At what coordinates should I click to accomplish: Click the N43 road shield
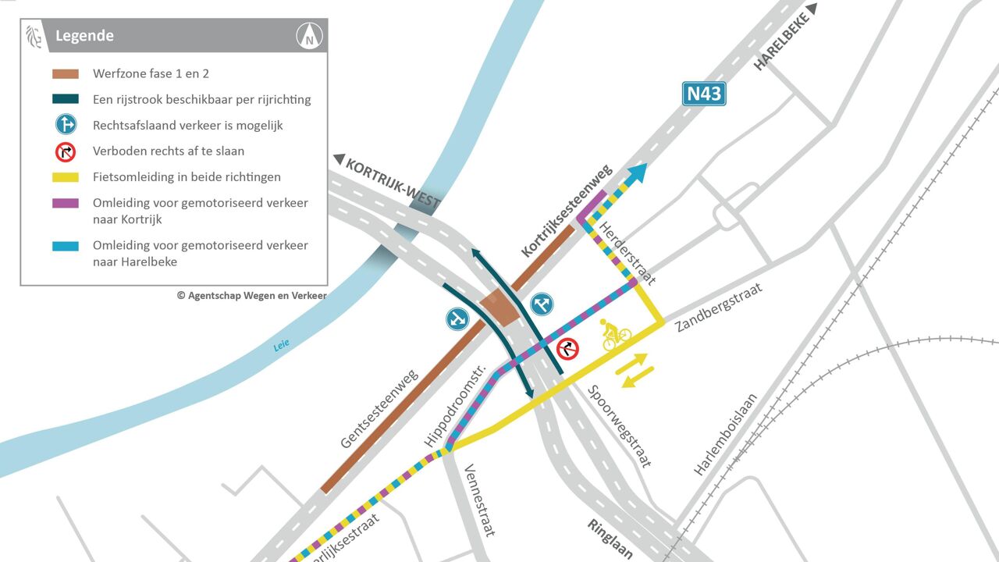pyautogui.click(x=704, y=94)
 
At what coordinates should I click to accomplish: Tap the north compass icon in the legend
pyautogui.click(x=310, y=36)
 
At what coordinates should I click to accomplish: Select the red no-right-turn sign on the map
pyautogui.click(x=567, y=349)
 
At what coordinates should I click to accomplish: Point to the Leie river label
pyautogui.click(x=281, y=343)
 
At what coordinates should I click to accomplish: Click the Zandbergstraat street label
pyautogui.click(x=718, y=307)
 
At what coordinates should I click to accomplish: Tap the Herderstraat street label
pyautogui.click(x=627, y=253)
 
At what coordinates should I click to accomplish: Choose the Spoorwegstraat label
pyautogui.click(x=620, y=426)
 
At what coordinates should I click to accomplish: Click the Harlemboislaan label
pyautogui.click(x=725, y=434)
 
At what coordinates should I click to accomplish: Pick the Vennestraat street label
pyautogui.click(x=479, y=500)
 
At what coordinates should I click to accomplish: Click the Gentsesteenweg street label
pyautogui.click(x=379, y=408)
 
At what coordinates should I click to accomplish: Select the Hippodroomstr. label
pyautogui.click(x=455, y=406)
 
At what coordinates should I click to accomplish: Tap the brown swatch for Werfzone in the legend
pyautogui.click(x=66, y=74)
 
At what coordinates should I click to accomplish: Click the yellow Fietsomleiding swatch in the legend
pyautogui.click(x=66, y=177)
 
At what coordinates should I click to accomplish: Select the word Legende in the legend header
pyautogui.click(x=84, y=36)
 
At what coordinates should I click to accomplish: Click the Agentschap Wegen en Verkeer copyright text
pyautogui.click(x=251, y=296)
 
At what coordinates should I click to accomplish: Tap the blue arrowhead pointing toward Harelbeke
pyautogui.click(x=637, y=173)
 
